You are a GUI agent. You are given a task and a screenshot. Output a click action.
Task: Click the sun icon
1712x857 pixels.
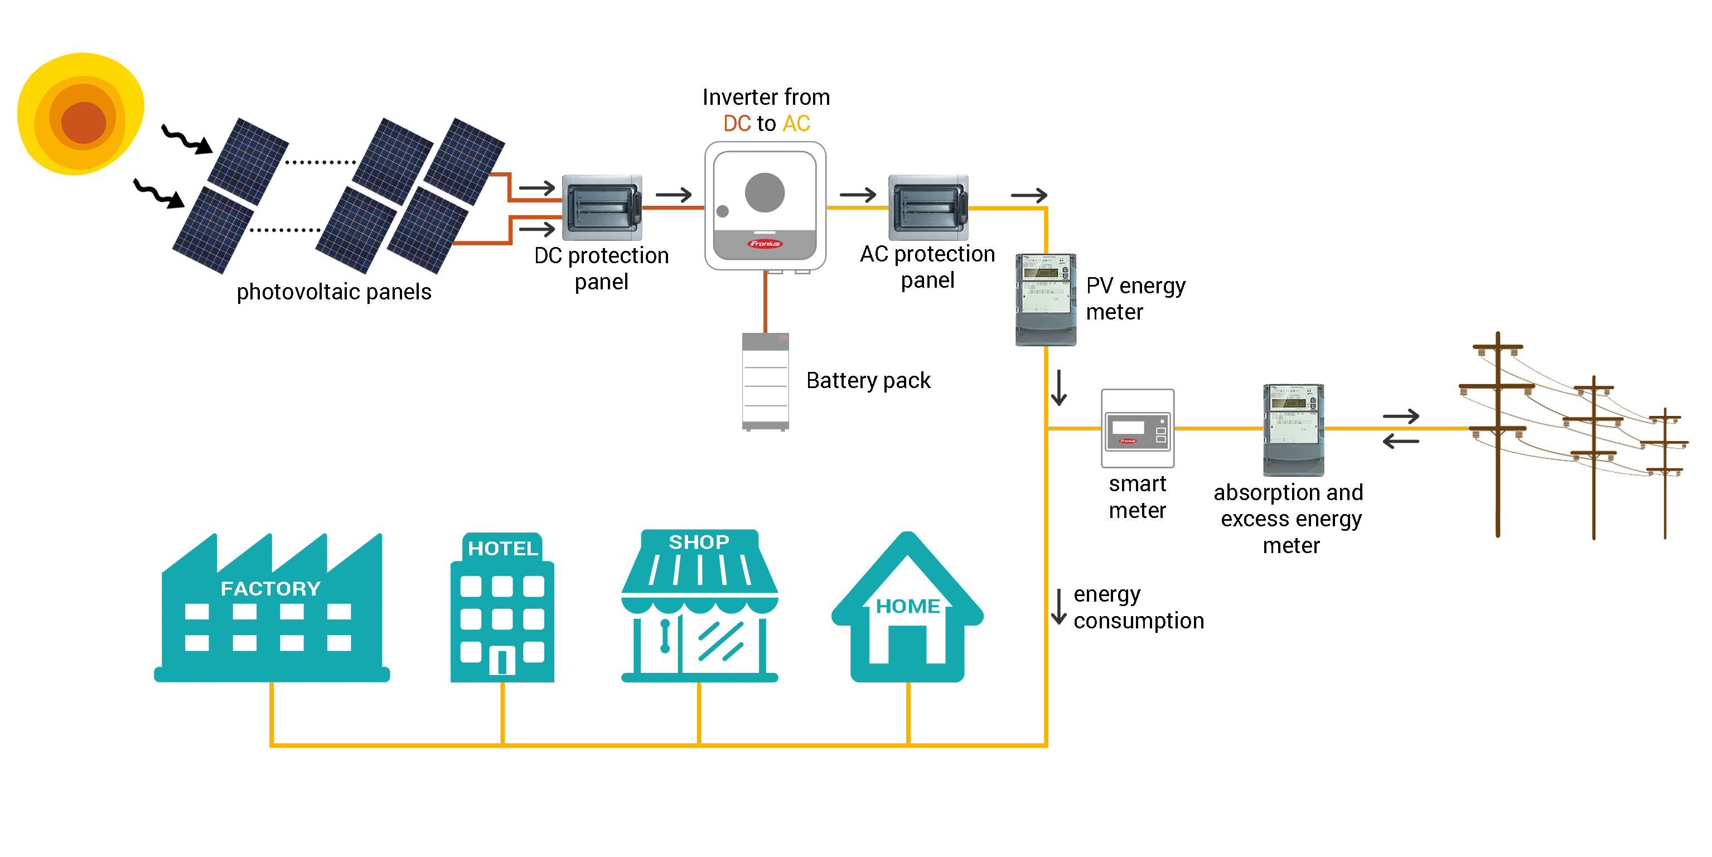pos(80,114)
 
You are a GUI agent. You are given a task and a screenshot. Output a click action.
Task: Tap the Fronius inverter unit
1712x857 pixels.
pos(765,206)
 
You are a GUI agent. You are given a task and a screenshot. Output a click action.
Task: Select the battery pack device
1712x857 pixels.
pos(765,381)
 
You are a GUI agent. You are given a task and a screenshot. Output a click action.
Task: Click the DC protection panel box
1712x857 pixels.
pos(602,207)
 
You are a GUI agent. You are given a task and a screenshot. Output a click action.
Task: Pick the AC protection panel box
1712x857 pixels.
pos(928,207)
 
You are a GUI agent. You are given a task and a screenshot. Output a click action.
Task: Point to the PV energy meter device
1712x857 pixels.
pos(1046,299)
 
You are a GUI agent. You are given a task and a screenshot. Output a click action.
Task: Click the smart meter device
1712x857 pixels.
pos(1137,428)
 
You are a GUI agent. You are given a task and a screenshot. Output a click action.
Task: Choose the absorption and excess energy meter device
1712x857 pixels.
pos(1293,430)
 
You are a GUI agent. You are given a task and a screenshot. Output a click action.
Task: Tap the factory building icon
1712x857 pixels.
pos(272,611)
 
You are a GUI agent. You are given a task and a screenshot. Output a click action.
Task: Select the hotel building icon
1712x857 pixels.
pos(502,608)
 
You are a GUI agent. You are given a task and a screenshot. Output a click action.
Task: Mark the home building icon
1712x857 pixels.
pos(907,608)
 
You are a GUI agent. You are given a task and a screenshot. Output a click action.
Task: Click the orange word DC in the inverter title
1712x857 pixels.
pos(736,124)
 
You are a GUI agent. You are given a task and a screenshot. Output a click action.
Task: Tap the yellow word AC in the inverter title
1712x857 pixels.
pos(796,124)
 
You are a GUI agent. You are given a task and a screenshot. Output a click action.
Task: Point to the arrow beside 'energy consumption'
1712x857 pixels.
pos(1058,607)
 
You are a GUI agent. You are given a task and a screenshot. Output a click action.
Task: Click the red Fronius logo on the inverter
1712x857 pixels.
pos(765,244)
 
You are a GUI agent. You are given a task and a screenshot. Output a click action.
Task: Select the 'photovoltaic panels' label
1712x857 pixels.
pos(333,292)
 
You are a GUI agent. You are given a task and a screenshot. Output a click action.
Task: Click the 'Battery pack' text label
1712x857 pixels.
pos(868,381)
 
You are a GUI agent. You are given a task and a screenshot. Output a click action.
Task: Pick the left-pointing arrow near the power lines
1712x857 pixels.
pos(1400,441)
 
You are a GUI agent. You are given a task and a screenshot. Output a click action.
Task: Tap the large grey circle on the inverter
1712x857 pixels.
pos(765,193)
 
